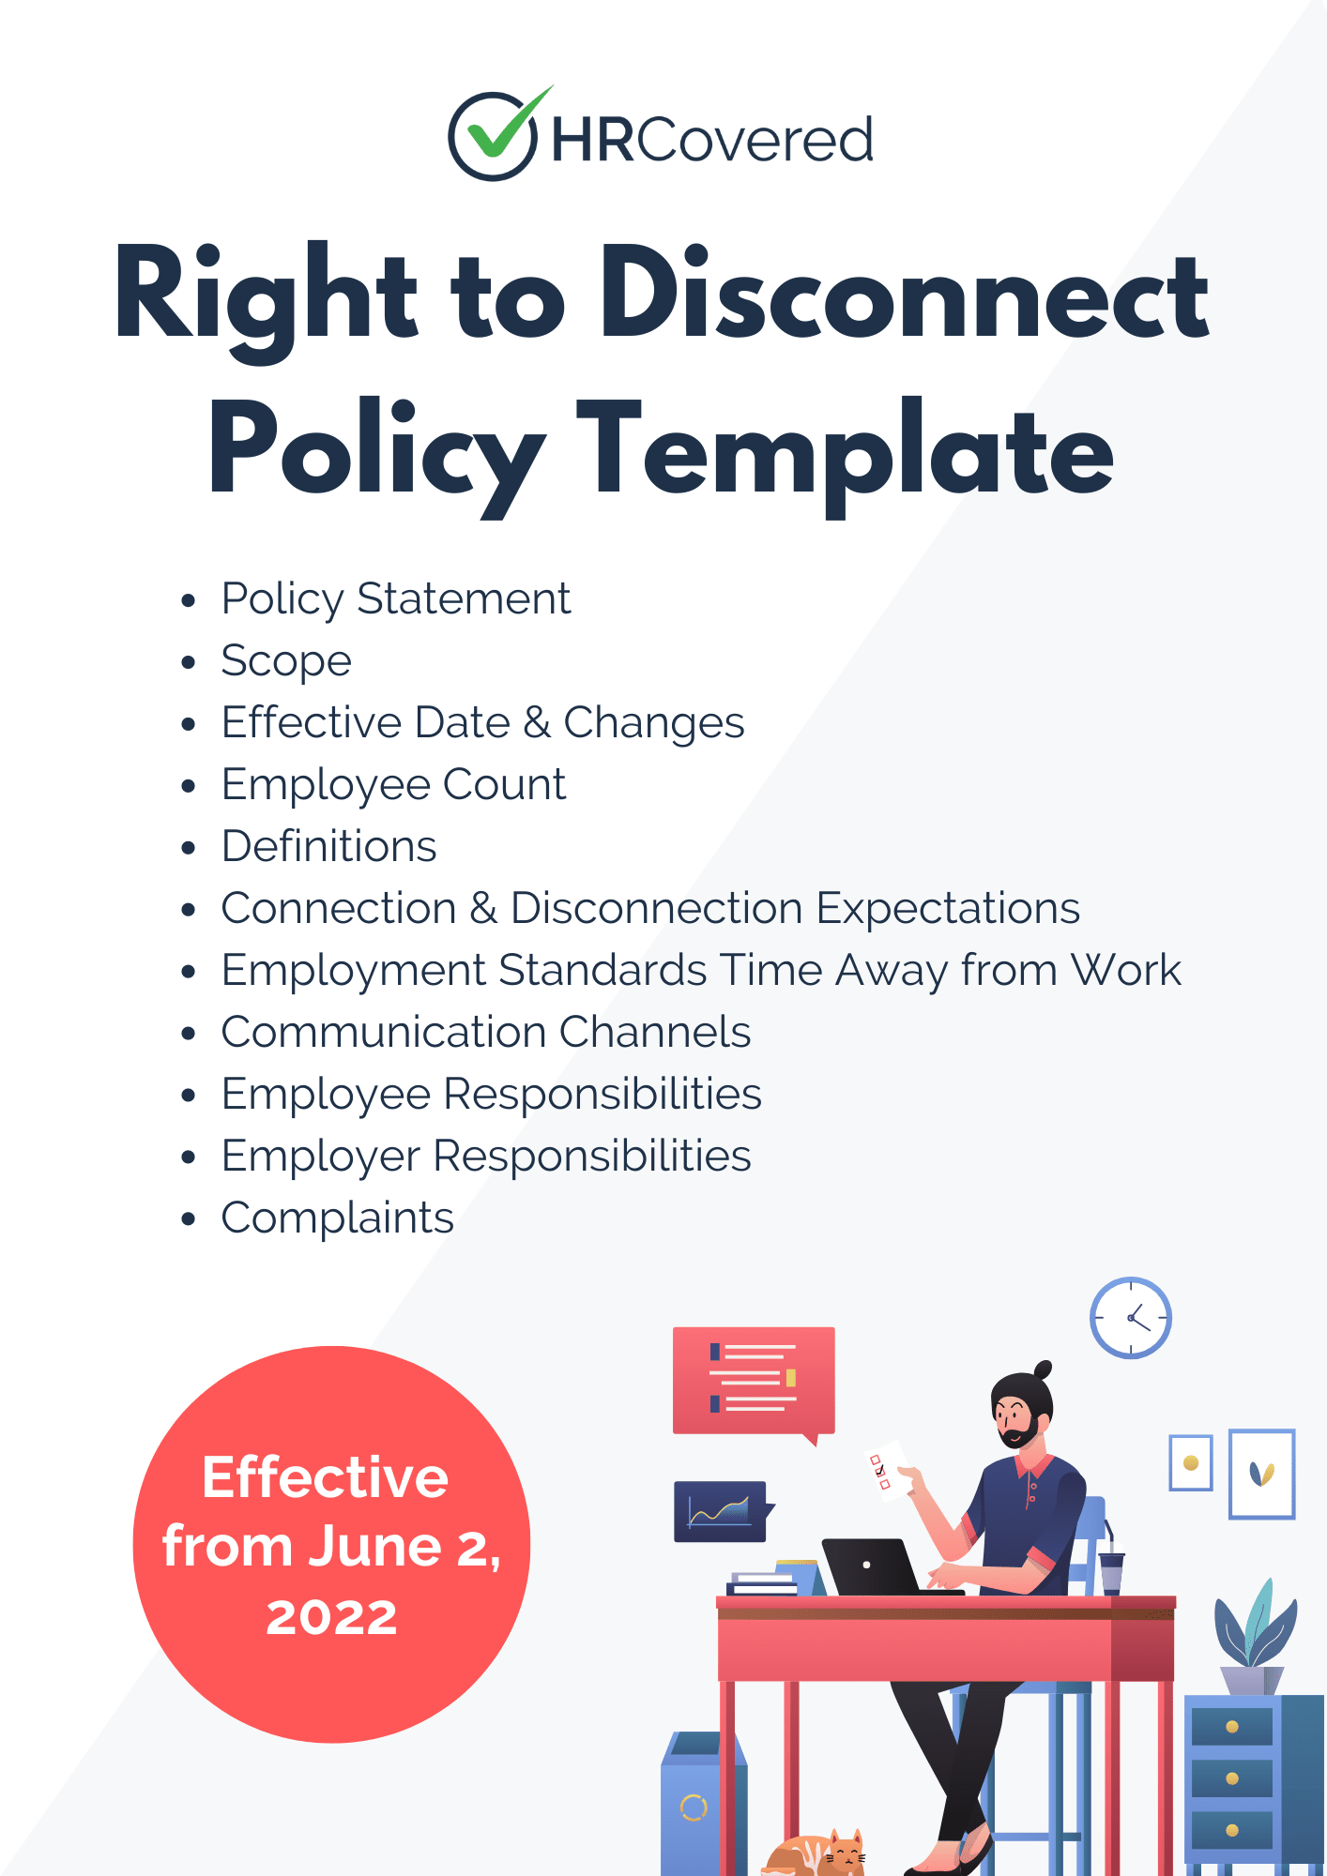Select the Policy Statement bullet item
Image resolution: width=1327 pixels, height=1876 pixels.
[x=395, y=599]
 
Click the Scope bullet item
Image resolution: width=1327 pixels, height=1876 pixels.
[x=286, y=661]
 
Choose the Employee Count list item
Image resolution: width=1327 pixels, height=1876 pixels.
[x=393, y=785]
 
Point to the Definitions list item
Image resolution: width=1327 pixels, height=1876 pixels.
[x=328, y=847]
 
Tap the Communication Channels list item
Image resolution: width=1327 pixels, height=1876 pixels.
[x=485, y=1033]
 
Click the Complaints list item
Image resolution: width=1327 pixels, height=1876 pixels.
[x=337, y=1218]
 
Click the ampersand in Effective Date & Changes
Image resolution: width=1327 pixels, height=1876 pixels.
[x=537, y=723]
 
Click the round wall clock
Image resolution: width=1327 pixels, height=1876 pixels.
[x=1130, y=1317]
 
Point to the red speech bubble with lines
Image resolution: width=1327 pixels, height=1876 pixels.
[x=753, y=1380]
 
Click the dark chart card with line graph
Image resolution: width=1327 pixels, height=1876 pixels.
[x=721, y=1511]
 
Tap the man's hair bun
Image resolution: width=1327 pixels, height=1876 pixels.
[x=1042, y=1370]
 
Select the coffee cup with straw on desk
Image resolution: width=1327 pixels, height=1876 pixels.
[x=1111, y=1571]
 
